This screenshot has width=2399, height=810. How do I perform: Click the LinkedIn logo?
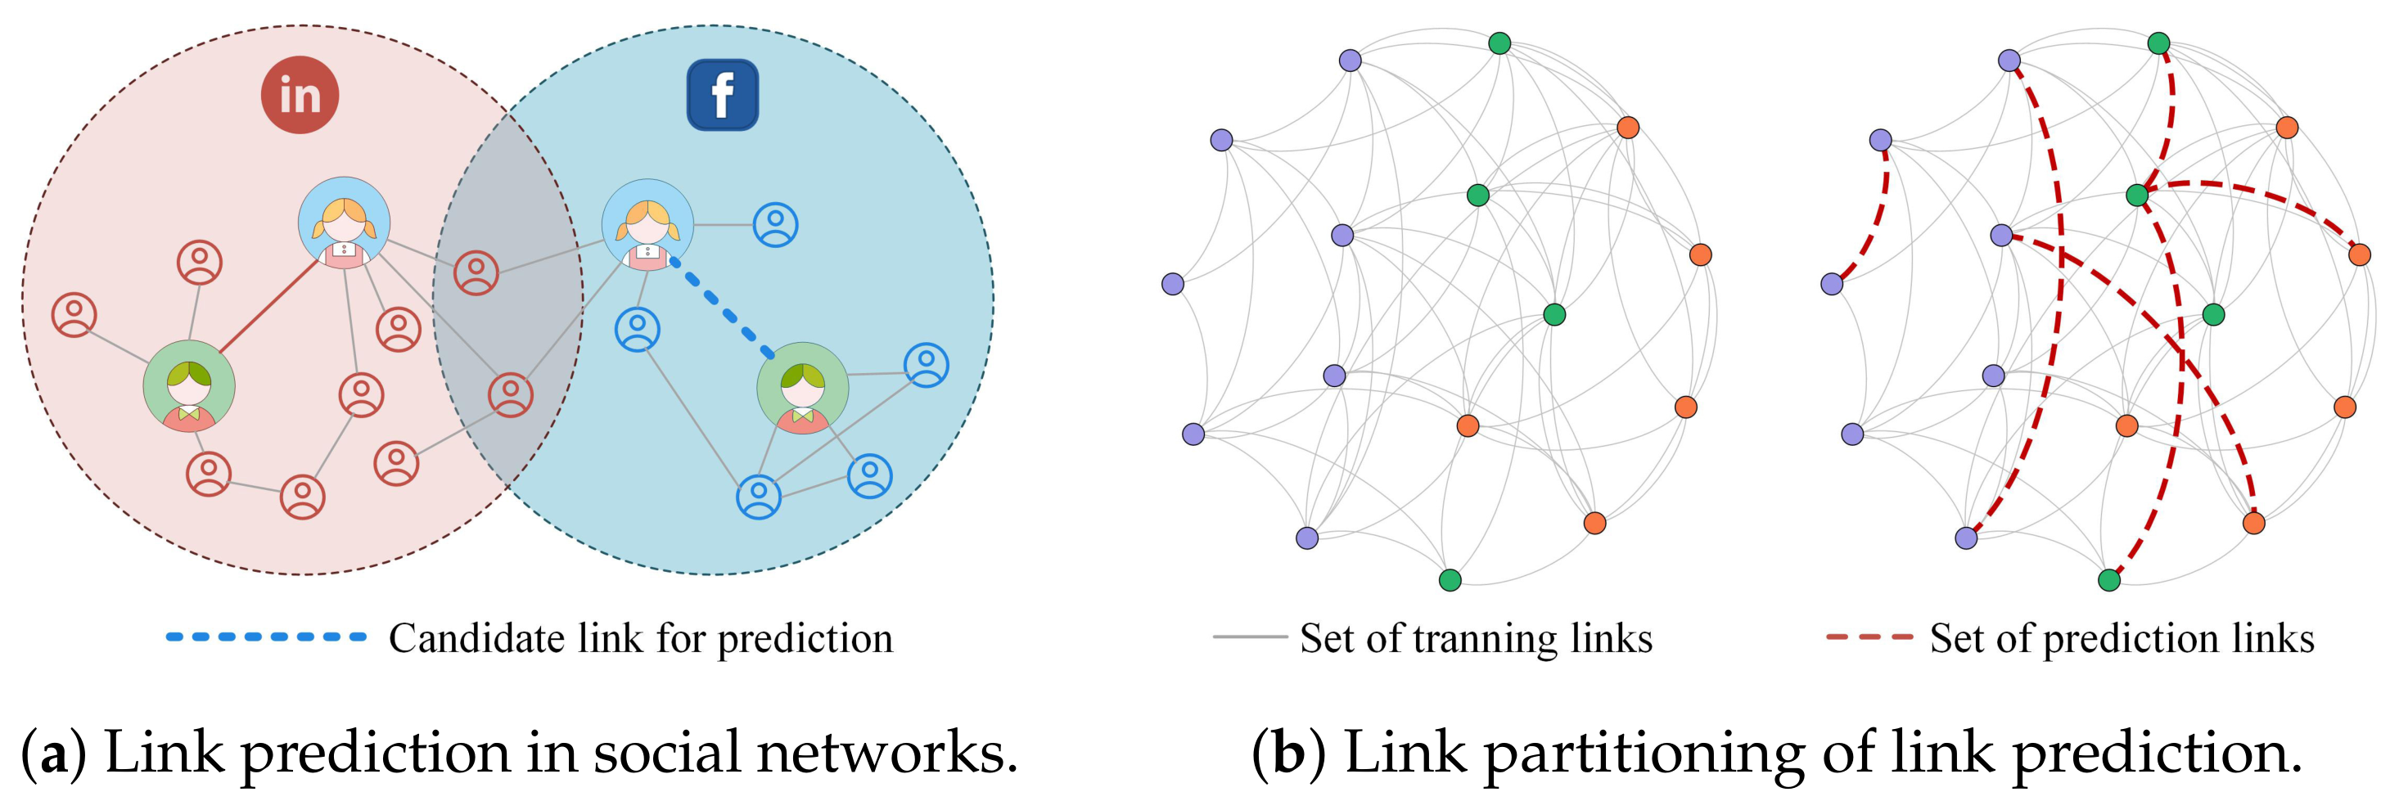coord(299,94)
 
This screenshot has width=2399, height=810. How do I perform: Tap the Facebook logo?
coord(722,95)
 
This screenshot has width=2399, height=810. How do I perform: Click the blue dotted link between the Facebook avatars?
coord(722,308)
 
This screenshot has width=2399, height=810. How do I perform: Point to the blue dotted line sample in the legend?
coord(266,637)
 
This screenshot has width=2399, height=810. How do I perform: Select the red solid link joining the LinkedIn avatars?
coord(270,306)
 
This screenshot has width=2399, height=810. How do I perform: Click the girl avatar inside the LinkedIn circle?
coord(344,223)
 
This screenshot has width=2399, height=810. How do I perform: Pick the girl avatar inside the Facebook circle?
coord(647,225)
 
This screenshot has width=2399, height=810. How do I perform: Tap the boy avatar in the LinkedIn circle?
coord(189,386)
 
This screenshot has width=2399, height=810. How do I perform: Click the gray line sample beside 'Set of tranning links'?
coord(1250,637)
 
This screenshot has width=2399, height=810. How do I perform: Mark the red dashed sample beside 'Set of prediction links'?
coord(1869,637)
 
